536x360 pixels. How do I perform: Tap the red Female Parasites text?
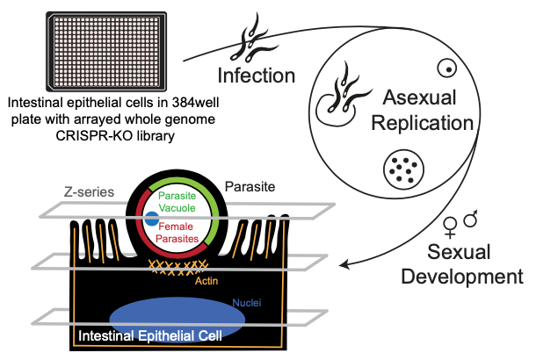click(x=182, y=232)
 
